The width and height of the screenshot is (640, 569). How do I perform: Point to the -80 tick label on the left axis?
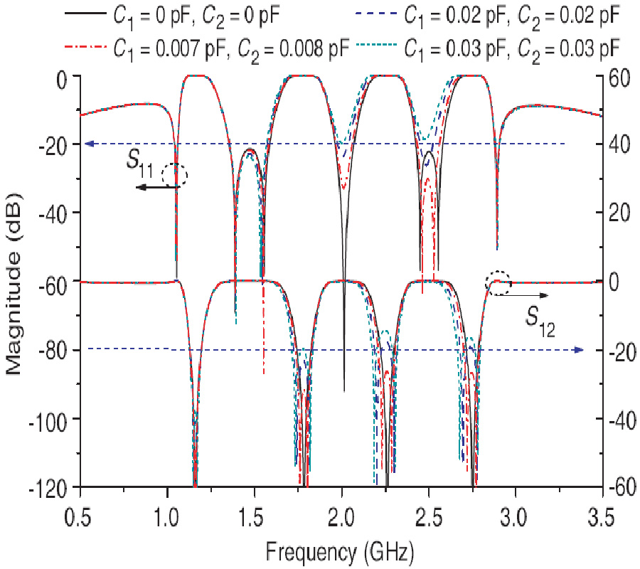(58, 350)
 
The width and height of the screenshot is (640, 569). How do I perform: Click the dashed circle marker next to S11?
(174, 175)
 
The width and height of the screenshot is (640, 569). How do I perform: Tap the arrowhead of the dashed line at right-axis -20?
(579, 349)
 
